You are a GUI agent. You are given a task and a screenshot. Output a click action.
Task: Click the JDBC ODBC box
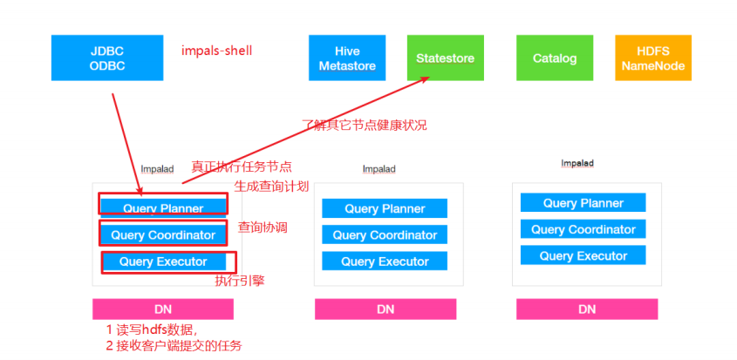[x=107, y=58]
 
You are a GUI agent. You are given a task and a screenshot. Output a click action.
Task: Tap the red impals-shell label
[x=216, y=50]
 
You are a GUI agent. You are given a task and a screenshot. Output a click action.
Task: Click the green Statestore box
[x=445, y=58]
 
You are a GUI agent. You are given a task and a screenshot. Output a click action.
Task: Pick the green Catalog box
[x=555, y=58]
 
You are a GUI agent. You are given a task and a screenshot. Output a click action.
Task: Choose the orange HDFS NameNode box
[x=653, y=58]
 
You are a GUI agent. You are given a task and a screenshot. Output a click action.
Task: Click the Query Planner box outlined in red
[x=163, y=208]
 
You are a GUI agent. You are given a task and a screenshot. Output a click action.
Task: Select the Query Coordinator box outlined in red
[x=163, y=235]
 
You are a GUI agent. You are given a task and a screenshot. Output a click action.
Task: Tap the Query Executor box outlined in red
[x=163, y=262]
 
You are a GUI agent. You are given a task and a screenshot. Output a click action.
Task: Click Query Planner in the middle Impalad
[x=385, y=208]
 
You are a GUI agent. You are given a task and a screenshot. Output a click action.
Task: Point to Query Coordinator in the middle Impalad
[x=385, y=234]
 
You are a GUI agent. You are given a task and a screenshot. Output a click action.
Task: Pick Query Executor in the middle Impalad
[x=385, y=261]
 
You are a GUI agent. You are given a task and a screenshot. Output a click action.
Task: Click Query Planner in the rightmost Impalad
[x=583, y=203]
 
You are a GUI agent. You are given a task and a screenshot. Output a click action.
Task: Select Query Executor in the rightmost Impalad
[x=583, y=255]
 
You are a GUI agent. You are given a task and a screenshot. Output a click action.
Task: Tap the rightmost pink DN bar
[x=587, y=309]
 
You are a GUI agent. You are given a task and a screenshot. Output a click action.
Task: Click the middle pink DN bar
[x=386, y=309]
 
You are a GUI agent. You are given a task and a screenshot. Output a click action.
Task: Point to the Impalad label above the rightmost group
[x=577, y=163]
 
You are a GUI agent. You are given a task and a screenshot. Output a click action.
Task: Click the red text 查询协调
[x=263, y=228]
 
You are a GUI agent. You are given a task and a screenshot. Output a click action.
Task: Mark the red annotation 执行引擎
[x=240, y=281]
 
